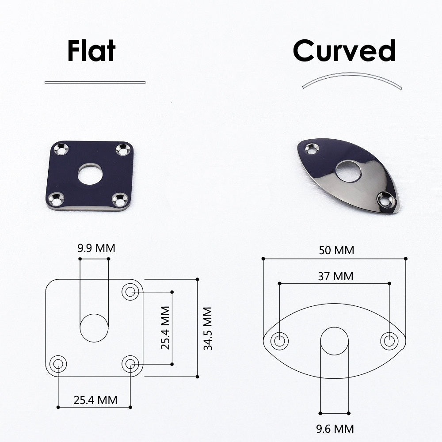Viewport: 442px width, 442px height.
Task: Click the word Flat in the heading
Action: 91,50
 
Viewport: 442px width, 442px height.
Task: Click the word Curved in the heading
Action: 344,50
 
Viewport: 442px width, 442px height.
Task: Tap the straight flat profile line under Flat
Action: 95,82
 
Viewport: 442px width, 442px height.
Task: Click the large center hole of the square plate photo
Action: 90,174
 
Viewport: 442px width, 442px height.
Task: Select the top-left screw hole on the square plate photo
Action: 61,149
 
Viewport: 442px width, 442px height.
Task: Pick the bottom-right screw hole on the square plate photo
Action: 120,199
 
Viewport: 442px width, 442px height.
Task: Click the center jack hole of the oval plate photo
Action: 348,171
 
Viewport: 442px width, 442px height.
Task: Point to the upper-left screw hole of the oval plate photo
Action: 312,149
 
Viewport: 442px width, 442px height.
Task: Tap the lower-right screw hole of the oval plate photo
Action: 385,199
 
